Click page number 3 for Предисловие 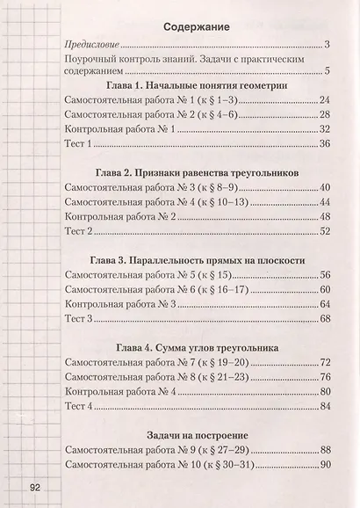[326, 44]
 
